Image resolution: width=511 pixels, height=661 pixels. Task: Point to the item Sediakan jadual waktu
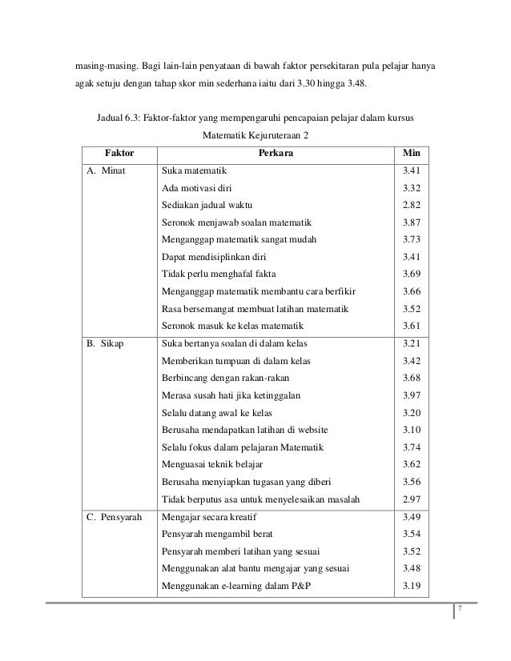tap(206, 205)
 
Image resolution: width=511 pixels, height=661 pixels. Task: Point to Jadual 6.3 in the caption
tap(122, 119)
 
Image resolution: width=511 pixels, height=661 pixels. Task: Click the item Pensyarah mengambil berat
tap(216, 533)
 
